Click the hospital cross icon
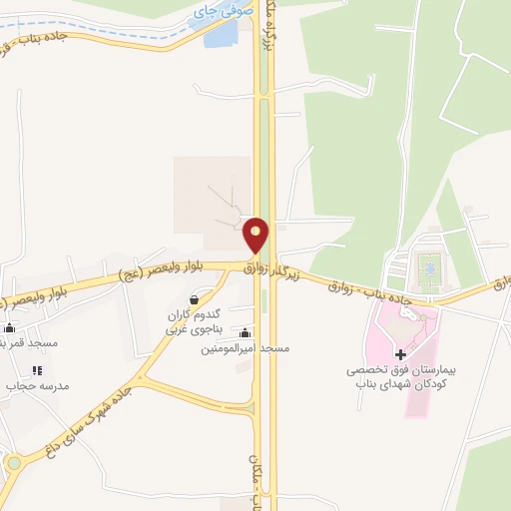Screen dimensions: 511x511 [x=400, y=354]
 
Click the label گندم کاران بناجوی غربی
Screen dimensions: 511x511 [x=190, y=321]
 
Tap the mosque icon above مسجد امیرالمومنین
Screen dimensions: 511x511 [x=246, y=333]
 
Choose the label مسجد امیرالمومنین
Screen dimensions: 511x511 [x=246, y=348]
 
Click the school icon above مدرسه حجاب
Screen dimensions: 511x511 [x=38, y=370]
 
